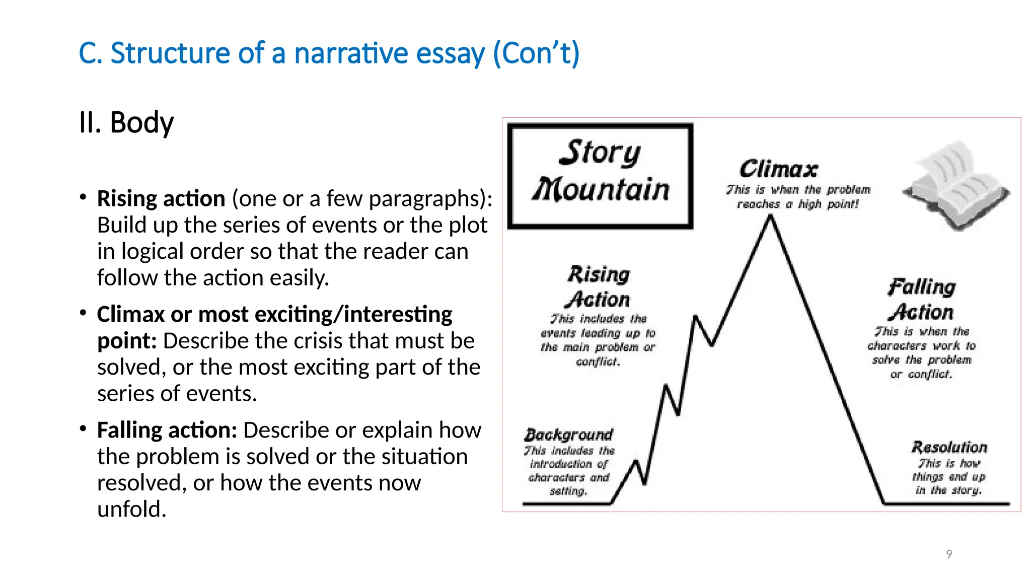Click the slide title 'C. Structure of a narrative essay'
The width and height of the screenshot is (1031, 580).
tap(329, 53)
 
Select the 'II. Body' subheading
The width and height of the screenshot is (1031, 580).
tap(126, 122)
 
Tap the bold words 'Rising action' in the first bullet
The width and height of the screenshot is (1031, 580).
tap(161, 198)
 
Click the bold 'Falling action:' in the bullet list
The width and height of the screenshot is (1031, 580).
tap(167, 430)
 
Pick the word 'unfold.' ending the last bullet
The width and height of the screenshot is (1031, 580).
tap(131, 509)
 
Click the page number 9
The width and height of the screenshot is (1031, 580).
tap(949, 554)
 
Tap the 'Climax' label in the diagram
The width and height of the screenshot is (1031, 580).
tap(778, 169)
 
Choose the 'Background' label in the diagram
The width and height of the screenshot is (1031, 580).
tap(569, 434)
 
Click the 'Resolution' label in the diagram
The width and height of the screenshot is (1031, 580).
tap(949, 447)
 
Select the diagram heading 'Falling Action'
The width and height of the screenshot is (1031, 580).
tap(921, 300)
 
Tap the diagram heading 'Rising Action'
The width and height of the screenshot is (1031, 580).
tap(599, 287)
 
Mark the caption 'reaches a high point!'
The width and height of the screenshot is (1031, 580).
tap(798, 204)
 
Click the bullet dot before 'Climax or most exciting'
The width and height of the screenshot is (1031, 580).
tap(83, 313)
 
